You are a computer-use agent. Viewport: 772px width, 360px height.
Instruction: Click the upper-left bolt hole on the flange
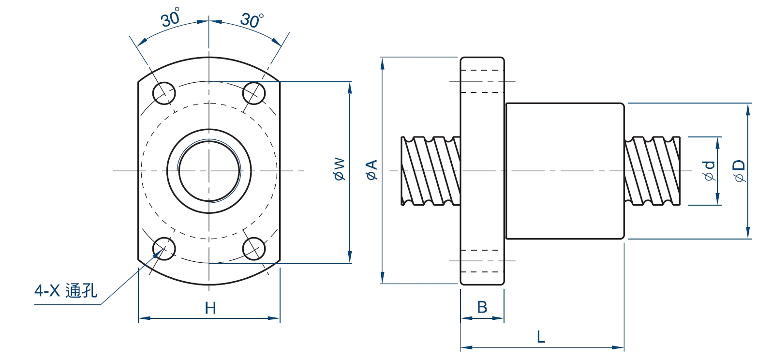coord(164,92)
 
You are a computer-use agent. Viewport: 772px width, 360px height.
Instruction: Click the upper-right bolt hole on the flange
coord(254,92)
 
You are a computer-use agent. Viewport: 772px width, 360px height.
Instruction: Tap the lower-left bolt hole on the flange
coord(164,249)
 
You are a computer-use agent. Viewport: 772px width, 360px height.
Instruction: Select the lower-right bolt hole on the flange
coord(254,249)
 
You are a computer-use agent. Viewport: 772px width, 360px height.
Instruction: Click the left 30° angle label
coord(171,18)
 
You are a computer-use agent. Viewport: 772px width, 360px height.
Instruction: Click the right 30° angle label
coord(252,19)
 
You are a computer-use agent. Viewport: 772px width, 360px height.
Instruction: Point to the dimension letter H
coord(210,308)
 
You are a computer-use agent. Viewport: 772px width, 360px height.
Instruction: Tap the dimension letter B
coord(482,307)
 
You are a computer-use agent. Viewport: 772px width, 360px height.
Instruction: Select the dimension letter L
coord(541,337)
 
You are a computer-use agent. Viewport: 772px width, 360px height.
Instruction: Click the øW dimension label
coord(340,169)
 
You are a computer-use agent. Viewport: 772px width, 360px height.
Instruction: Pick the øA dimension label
coord(371,170)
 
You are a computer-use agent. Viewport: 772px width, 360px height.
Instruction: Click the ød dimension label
coord(709,171)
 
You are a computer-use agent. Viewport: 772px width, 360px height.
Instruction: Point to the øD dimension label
coord(740,171)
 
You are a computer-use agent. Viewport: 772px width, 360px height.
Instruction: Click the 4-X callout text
coord(47,290)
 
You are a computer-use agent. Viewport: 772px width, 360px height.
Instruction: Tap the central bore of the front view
coord(209,170)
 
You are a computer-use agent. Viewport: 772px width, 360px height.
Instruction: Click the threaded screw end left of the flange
coord(431,171)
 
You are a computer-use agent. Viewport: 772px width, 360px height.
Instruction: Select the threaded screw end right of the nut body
coord(652,171)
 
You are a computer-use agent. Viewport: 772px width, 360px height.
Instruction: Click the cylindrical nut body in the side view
coord(565,171)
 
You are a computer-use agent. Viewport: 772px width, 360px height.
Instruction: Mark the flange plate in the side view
coord(482,171)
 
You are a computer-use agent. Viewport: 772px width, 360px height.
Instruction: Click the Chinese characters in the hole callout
coord(81,290)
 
